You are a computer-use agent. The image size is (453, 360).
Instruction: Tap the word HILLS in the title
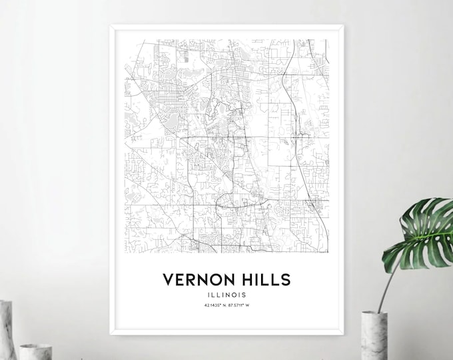pyautogui.click(x=264, y=278)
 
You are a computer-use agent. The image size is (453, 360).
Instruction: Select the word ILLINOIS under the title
pyautogui.click(x=227, y=294)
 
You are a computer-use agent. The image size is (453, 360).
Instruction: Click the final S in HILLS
pyautogui.click(x=286, y=278)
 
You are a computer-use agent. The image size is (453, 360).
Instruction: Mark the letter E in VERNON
pyautogui.click(x=179, y=278)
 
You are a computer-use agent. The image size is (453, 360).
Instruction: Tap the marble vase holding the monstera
pyautogui.click(x=374, y=336)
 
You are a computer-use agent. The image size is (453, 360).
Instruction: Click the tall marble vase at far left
pyautogui.click(x=7, y=330)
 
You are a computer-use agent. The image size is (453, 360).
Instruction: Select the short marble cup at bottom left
pyautogui.click(x=35, y=351)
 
